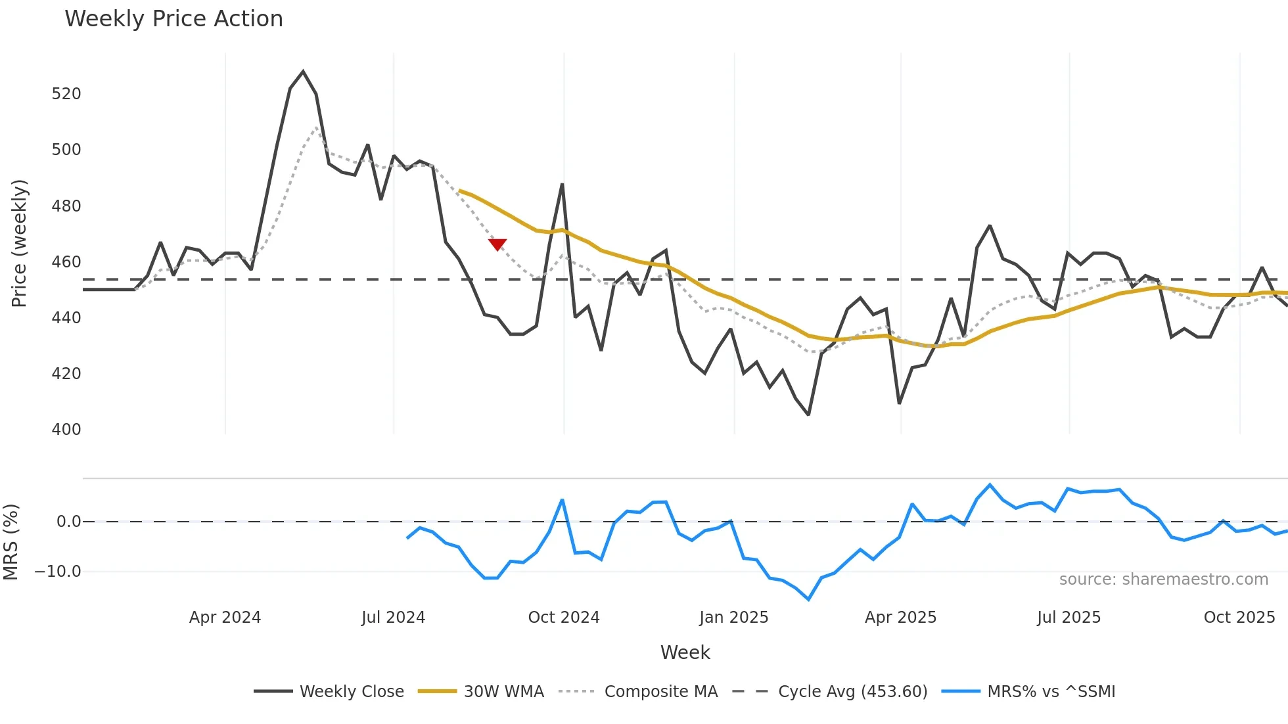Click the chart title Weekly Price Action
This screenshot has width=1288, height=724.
point(173,19)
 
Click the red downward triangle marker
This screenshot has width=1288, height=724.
point(497,244)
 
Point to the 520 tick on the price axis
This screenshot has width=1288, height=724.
point(66,94)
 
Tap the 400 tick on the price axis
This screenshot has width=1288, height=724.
point(66,430)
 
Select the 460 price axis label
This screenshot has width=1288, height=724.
point(66,262)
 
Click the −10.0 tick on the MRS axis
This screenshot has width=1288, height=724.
point(58,572)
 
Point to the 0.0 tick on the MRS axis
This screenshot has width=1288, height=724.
point(68,522)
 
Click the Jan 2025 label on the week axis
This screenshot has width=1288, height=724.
point(733,618)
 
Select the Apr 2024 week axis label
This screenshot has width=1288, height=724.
point(225,618)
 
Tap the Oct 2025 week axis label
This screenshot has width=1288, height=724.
point(1239,618)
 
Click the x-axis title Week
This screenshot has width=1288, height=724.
point(685,652)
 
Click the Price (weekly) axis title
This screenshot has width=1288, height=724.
point(20,243)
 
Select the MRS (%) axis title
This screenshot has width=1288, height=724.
point(11,542)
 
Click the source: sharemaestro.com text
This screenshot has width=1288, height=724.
point(1163,579)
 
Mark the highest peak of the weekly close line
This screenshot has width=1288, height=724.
point(303,72)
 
